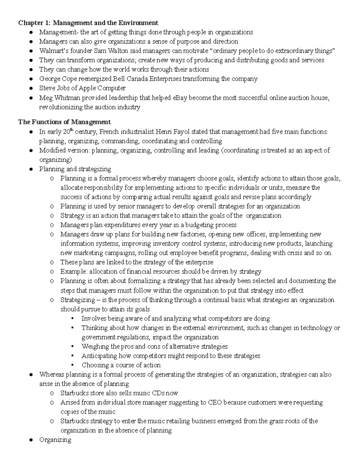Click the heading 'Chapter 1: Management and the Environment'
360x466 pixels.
point(88,23)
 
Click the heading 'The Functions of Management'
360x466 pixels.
point(64,122)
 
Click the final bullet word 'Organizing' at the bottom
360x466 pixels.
point(55,440)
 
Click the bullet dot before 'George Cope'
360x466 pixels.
point(31,79)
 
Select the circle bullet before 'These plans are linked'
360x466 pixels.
point(52,263)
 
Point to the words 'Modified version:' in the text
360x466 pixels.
point(64,150)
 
